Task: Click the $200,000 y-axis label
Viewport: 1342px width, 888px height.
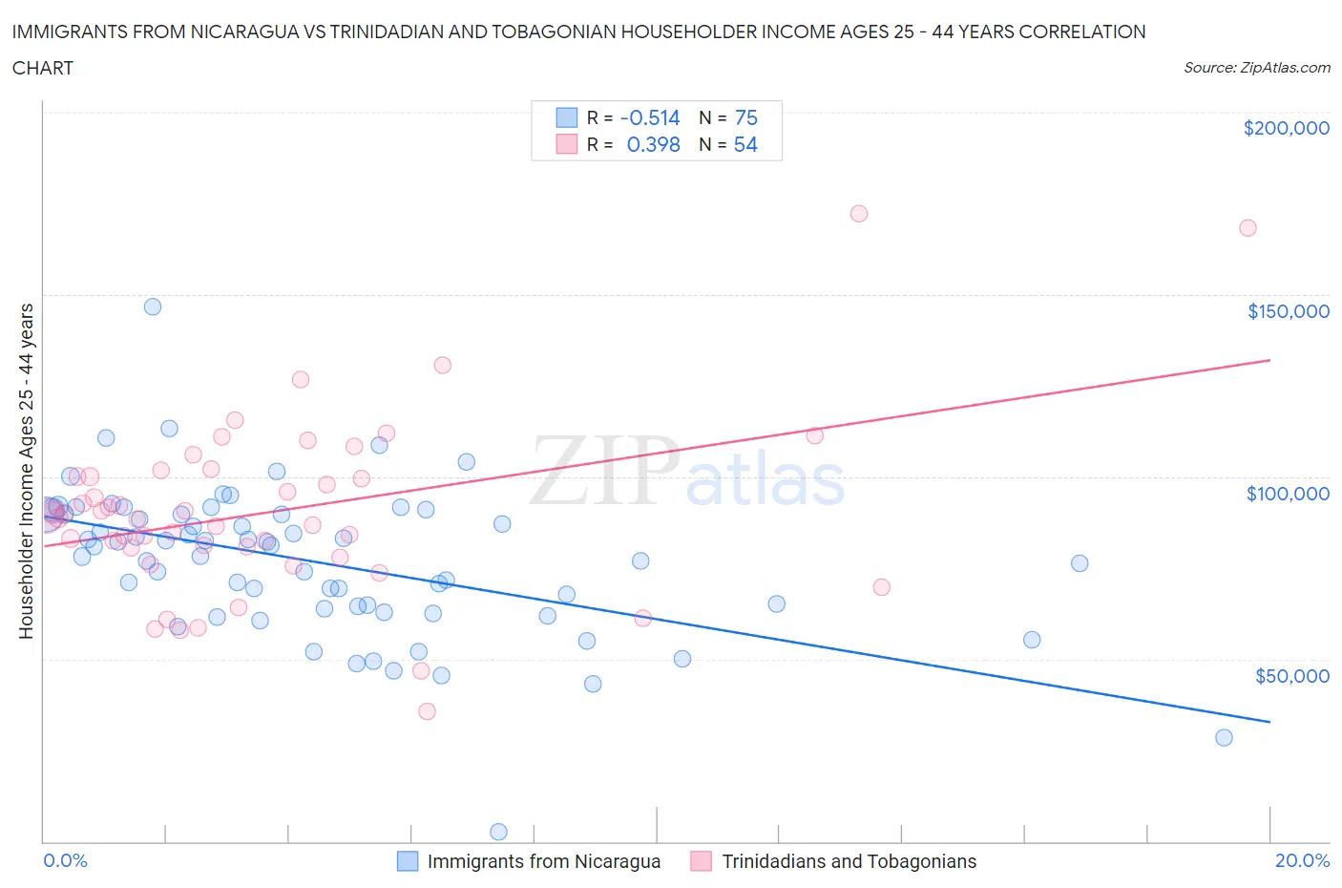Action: (x=1286, y=128)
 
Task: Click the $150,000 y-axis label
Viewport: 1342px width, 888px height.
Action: (x=1288, y=311)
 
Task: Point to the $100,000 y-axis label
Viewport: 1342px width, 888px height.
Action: (x=1288, y=494)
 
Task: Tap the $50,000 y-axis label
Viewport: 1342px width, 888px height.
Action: (x=1291, y=676)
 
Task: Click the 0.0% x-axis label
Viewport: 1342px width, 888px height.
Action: (x=65, y=860)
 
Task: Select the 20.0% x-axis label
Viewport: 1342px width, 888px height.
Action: (x=1302, y=860)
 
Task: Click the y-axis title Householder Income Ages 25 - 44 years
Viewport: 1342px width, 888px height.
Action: (x=26, y=471)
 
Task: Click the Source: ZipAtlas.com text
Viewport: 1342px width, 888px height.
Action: (x=1256, y=68)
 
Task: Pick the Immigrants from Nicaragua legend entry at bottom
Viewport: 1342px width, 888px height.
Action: (x=529, y=861)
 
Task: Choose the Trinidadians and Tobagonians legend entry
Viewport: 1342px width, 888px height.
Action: (x=833, y=861)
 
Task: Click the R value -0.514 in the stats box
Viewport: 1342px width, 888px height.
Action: (x=649, y=117)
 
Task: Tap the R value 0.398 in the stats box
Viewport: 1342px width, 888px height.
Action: (x=653, y=144)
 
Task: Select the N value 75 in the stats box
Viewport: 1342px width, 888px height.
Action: (x=745, y=117)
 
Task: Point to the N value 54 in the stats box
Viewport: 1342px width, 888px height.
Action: (x=745, y=144)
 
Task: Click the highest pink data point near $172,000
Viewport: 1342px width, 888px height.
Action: (x=858, y=214)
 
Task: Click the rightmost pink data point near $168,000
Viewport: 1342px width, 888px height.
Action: (x=1248, y=228)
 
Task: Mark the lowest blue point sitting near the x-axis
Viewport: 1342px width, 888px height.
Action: (x=498, y=832)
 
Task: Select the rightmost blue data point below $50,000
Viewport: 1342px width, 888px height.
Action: (x=1224, y=737)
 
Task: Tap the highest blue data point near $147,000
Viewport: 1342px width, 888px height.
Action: (x=153, y=307)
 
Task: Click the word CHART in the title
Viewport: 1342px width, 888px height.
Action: (x=43, y=68)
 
